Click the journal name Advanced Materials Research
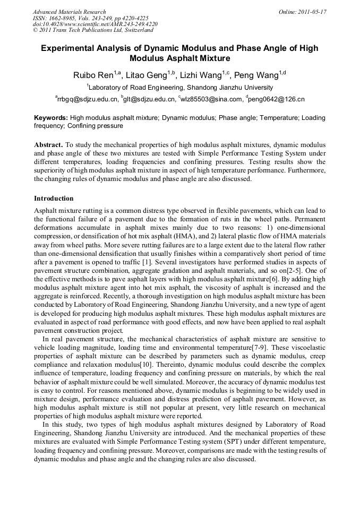click(x=69, y=12)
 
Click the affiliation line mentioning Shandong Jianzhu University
click(x=180, y=87)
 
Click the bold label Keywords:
click(x=51, y=118)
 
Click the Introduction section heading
click(x=54, y=199)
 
